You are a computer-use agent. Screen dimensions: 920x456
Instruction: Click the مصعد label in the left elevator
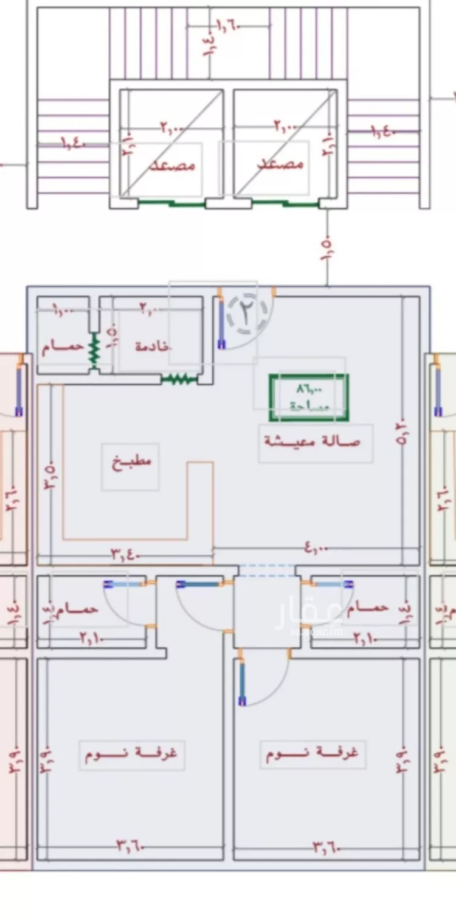click(173, 165)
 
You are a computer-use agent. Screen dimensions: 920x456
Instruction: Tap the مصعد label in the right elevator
click(281, 164)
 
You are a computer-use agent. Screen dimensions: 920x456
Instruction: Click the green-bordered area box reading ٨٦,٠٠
click(309, 398)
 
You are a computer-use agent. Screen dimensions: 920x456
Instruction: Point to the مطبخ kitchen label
click(131, 461)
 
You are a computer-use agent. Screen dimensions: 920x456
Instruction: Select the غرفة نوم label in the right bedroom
click(312, 753)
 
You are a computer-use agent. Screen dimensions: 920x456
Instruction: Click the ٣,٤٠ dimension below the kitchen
click(126, 554)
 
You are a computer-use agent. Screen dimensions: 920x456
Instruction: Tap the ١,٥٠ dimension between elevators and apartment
click(326, 248)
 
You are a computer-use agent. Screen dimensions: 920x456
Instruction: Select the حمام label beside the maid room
click(63, 346)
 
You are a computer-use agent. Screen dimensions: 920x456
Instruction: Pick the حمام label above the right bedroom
click(368, 608)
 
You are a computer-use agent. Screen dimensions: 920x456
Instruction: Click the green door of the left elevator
click(171, 203)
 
